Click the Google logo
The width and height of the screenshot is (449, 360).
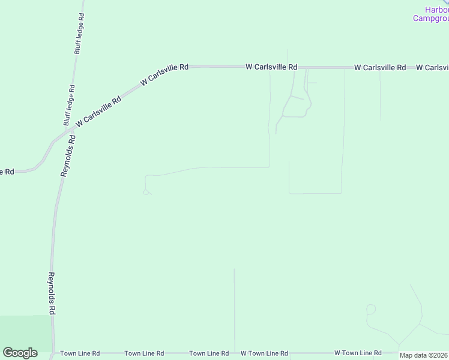[20, 353]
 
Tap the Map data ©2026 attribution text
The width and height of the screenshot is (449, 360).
[424, 355]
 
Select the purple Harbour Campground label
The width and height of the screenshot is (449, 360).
[431, 14]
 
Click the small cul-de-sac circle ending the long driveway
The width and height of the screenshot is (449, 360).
[145, 192]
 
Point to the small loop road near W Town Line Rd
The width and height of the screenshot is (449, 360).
[370, 310]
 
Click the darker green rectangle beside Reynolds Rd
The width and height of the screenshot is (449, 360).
[25, 334]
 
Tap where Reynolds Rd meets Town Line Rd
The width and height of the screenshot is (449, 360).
[54, 353]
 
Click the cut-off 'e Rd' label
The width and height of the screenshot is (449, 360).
[7, 172]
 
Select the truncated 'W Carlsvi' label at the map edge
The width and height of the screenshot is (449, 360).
[432, 68]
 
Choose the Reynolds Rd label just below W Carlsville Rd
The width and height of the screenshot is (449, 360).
[67, 155]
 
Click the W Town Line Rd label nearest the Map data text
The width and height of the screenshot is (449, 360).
[358, 353]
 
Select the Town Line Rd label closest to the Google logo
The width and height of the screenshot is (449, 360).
[80, 353]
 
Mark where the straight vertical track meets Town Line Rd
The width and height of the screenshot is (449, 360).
[234, 353]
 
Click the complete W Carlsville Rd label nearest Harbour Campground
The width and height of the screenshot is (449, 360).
[380, 68]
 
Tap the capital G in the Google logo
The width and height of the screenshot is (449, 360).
[8, 353]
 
